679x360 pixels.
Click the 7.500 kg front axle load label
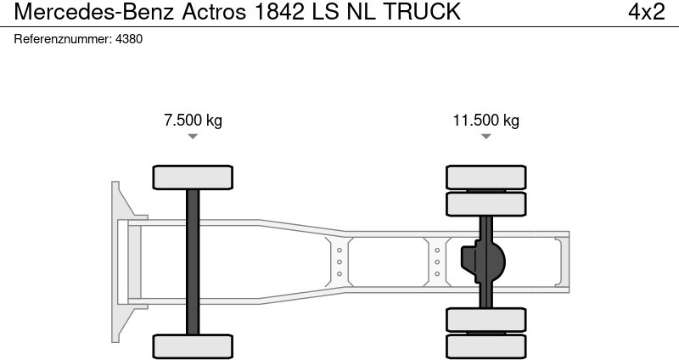193,121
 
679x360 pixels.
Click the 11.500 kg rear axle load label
485,121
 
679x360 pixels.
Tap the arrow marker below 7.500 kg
193,136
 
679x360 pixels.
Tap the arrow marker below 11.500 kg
485,136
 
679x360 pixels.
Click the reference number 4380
128,39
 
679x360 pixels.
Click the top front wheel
193,177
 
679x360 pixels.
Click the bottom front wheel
193,346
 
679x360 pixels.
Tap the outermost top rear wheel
486,177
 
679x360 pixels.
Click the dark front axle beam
193,262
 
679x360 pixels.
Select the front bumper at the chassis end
120,262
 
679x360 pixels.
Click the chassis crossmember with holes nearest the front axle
339,262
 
